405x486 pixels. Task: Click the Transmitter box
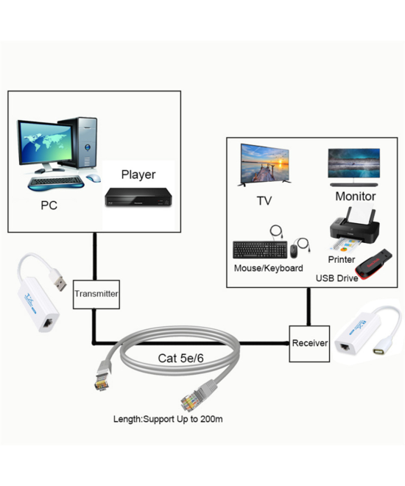tap(96, 294)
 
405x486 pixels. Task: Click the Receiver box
tap(309, 343)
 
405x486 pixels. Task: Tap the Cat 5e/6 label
tap(181, 359)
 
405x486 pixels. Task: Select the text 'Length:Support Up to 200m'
tap(168, 419)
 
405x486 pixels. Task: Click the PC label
tap(49, 205)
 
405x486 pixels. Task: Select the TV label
tap(264, 200)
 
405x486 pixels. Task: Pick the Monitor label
tap(355, 197)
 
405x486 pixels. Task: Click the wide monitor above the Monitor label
tap(354, 166)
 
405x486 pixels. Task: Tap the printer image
tap(353, 230)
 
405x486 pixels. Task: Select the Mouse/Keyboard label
tap(268, 269)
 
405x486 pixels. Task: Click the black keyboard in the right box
tap(258, 249)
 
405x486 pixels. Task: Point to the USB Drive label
tap(337, 278)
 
